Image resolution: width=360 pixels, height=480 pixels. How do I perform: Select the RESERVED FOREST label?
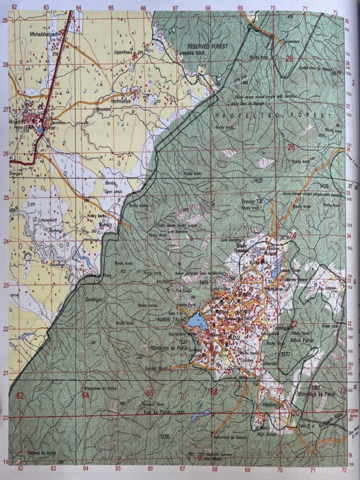point(207,46)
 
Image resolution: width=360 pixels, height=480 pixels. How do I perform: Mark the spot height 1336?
point(165,436)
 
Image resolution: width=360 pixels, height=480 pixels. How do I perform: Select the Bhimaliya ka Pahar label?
point(316,394)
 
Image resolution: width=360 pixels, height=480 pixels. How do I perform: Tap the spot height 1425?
point(257,180)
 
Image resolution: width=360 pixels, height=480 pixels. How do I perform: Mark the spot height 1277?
point(285,354)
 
